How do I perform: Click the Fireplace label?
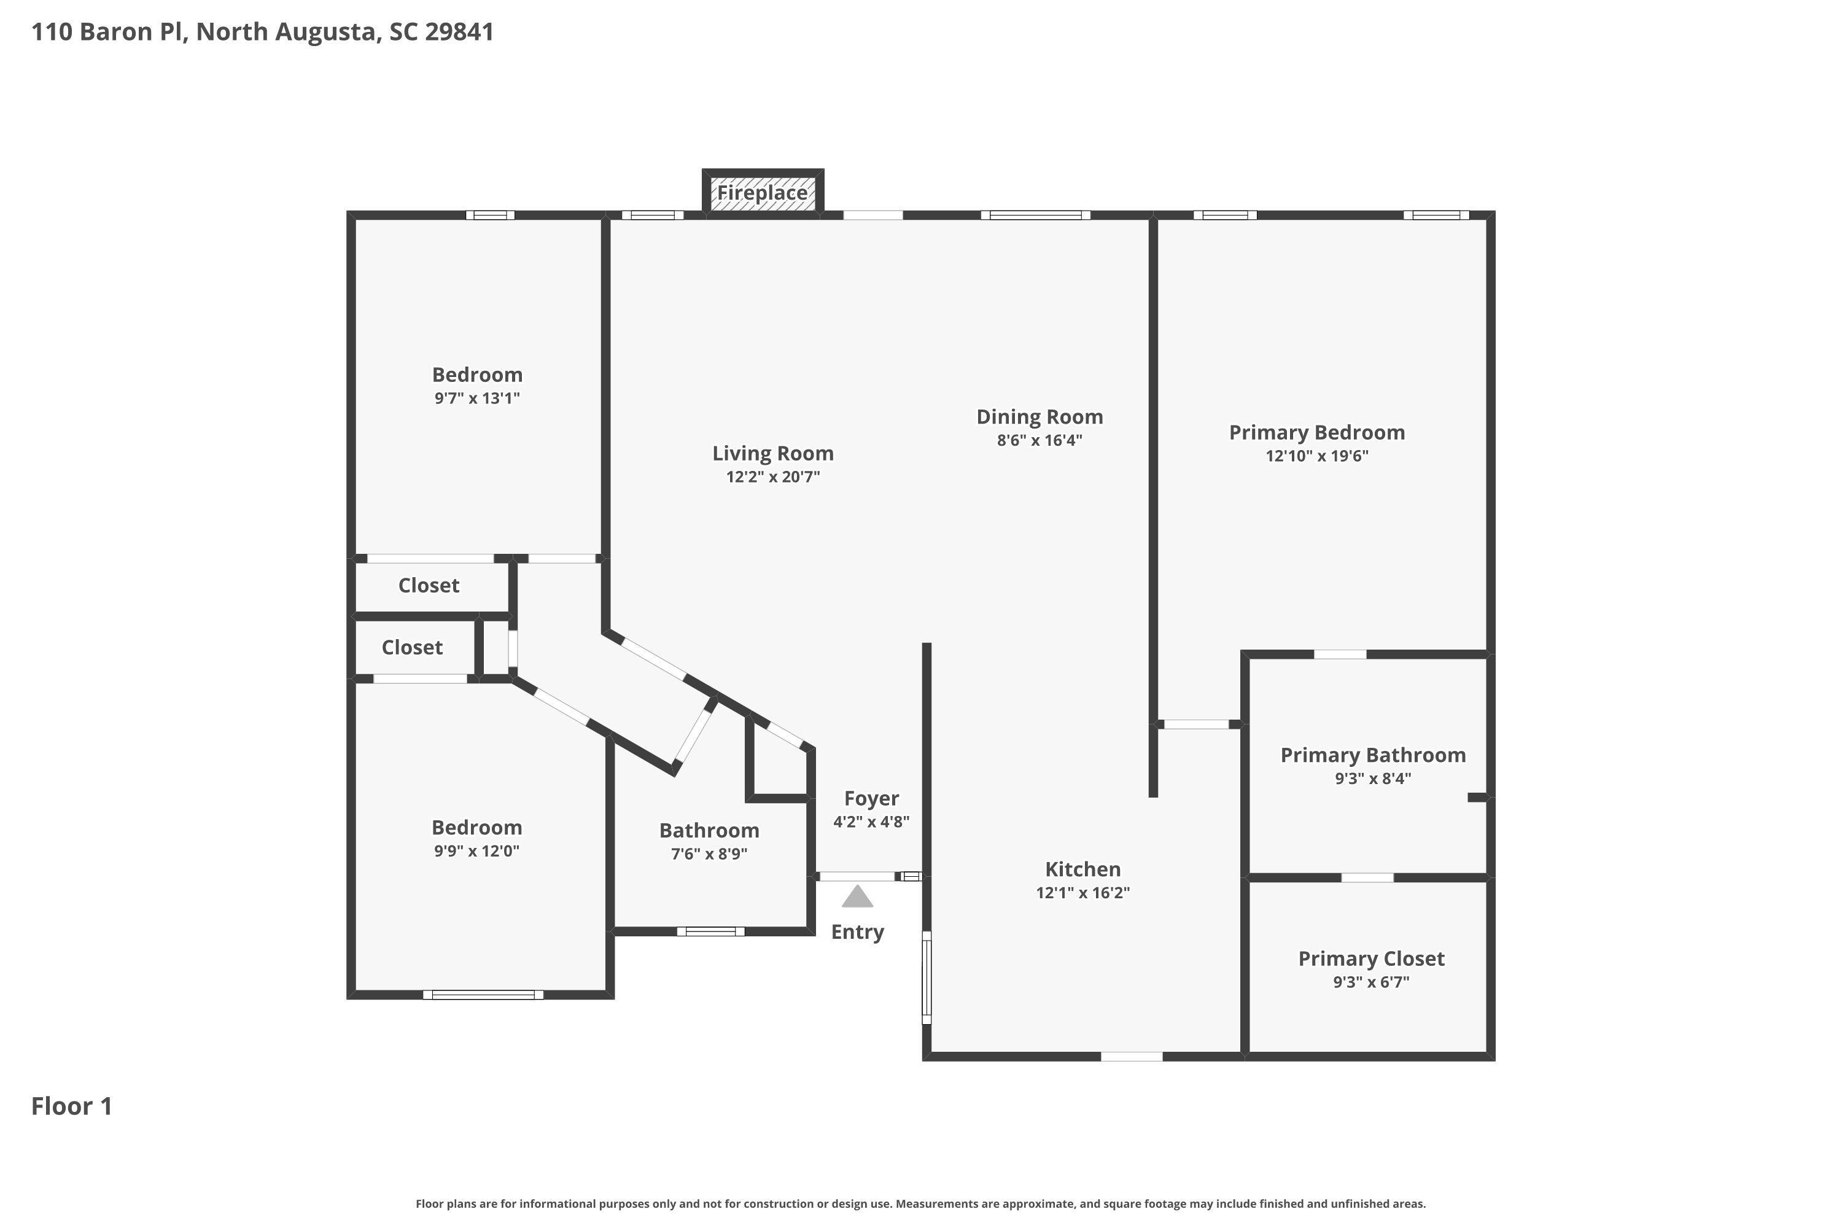[761, 193]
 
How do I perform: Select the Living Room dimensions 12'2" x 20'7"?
[772, 476]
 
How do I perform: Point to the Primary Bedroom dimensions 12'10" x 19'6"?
[1316, 456]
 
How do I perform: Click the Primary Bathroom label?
[1372, 755]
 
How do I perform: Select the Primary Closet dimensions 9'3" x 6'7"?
[1370, 982]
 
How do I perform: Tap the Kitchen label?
[1082, 869]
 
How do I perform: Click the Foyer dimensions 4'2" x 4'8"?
[871, 822]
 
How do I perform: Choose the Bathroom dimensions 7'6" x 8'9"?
[709, 853]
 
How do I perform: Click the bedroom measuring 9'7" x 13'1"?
[477, 375]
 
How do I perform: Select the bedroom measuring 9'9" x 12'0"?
[476, 828]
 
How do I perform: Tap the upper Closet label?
[429, 585]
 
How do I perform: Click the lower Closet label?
[412, 647]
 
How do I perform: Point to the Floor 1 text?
[71, 1106]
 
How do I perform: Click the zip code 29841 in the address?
[459, 31]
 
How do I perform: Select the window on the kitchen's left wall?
[926, 977]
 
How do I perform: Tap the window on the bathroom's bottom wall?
[710, 931]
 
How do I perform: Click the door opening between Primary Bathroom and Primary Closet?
[1367, 877]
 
